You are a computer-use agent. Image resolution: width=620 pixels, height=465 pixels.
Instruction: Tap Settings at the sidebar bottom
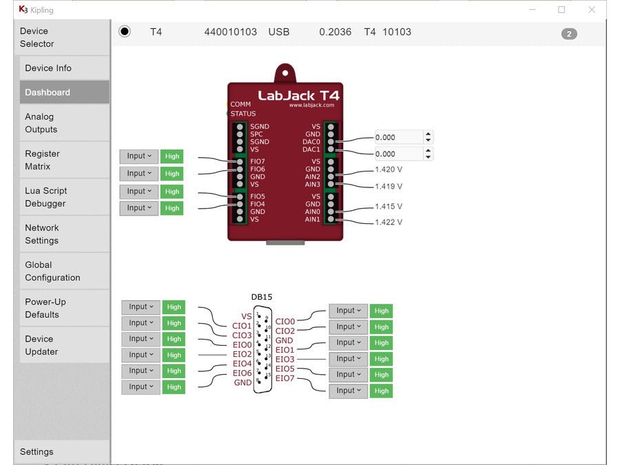point(37,452)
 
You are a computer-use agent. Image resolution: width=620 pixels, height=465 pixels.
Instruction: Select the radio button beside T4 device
point(124,32)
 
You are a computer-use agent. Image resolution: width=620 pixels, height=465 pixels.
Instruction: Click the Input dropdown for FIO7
point(139,157)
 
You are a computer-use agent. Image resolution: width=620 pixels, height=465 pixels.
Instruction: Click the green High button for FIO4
point(172,208)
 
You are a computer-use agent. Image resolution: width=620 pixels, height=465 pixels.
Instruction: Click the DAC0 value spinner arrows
point(428,137)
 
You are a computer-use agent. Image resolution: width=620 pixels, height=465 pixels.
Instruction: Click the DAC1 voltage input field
point(399,154)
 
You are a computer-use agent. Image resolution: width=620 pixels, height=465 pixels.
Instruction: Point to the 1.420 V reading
point(389,169)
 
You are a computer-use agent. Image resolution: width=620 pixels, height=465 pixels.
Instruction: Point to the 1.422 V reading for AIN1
point(389,223)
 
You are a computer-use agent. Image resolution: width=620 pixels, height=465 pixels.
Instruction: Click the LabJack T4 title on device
point(298,95)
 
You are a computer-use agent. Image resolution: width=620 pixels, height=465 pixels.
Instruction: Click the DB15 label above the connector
point(262,297)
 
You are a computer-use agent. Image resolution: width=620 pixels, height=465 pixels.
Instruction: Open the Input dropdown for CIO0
point(348,311)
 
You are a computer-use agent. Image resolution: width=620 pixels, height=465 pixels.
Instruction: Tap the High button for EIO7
point(381,391)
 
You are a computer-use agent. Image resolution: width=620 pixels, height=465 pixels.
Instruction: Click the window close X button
point(591,10)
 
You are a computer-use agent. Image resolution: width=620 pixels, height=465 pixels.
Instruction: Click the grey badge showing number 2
point(569,34)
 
